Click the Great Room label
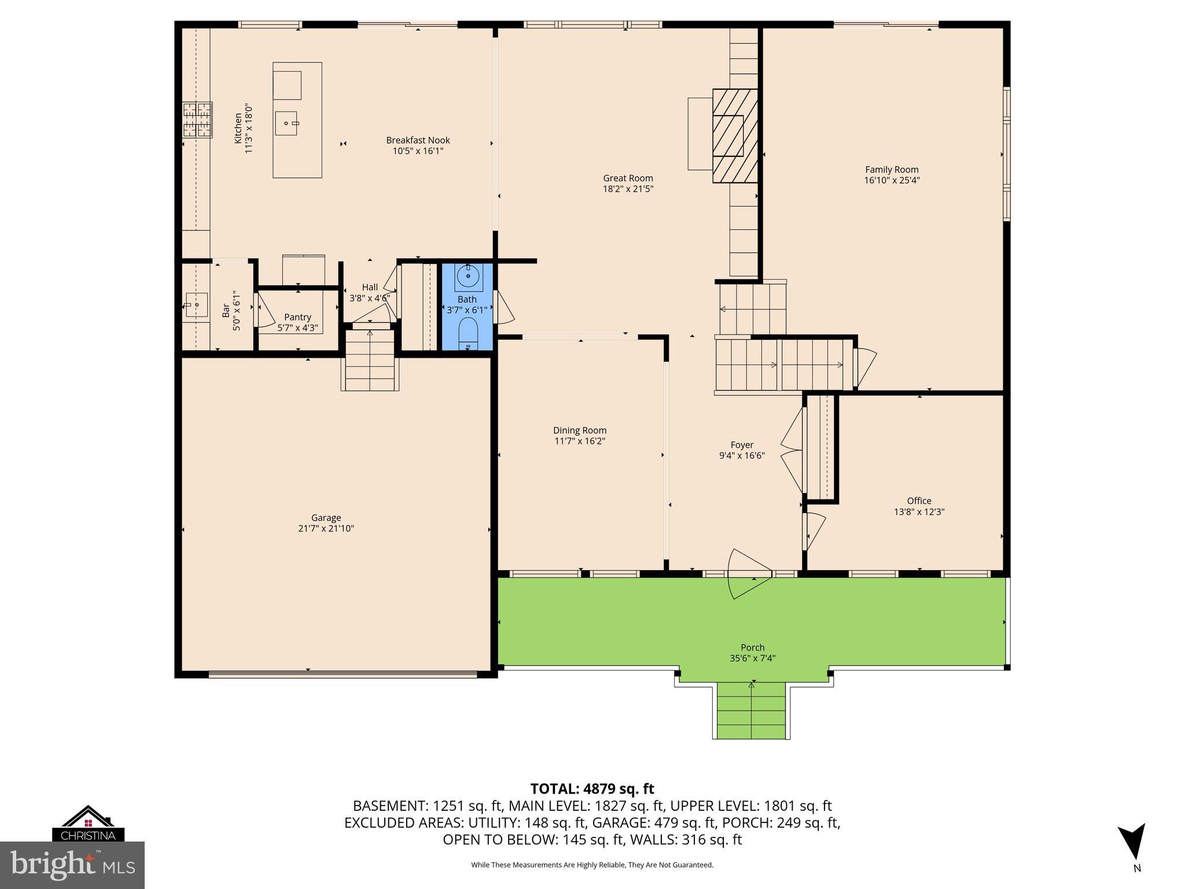[628, 178]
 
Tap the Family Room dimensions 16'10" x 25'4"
[892, 180]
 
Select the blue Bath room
[468, 324]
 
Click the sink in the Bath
[468, 277]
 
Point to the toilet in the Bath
[468, 336]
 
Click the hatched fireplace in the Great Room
[735, 135]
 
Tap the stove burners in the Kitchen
[197, 120]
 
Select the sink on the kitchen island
[286, 123]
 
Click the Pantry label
[297, 317]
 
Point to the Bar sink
[196, 305]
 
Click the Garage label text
[326, 518]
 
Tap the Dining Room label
[580, 430]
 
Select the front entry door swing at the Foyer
[748, 573]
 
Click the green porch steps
[751, 711]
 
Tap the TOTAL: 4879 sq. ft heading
[592, 789]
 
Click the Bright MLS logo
[72, 865]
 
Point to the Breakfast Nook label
[418, 140]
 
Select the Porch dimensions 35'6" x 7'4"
[752, 658]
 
